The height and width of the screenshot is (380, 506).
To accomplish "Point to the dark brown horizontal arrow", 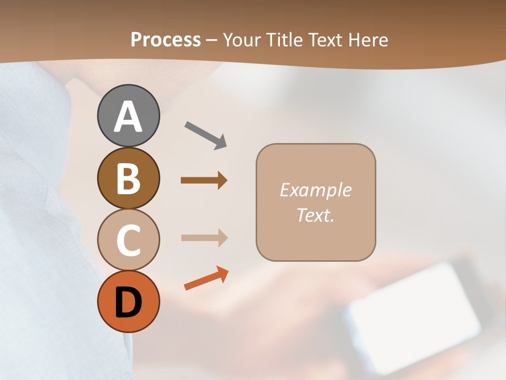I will point(204,180).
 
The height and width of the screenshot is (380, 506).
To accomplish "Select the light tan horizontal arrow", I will point(204,238).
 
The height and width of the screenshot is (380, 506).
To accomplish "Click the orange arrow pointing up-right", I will point(206,278).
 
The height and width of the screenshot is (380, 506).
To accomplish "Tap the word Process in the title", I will point(166,40).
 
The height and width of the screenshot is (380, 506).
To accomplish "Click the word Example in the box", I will point(315,190).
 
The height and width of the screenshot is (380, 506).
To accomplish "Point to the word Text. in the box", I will point(315,215).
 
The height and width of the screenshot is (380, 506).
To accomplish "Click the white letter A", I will point(128,118).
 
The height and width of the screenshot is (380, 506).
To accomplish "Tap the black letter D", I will point(128,303).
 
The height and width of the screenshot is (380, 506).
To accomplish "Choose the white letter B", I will point(128,179).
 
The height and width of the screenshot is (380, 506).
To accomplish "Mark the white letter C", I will point(128,240).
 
